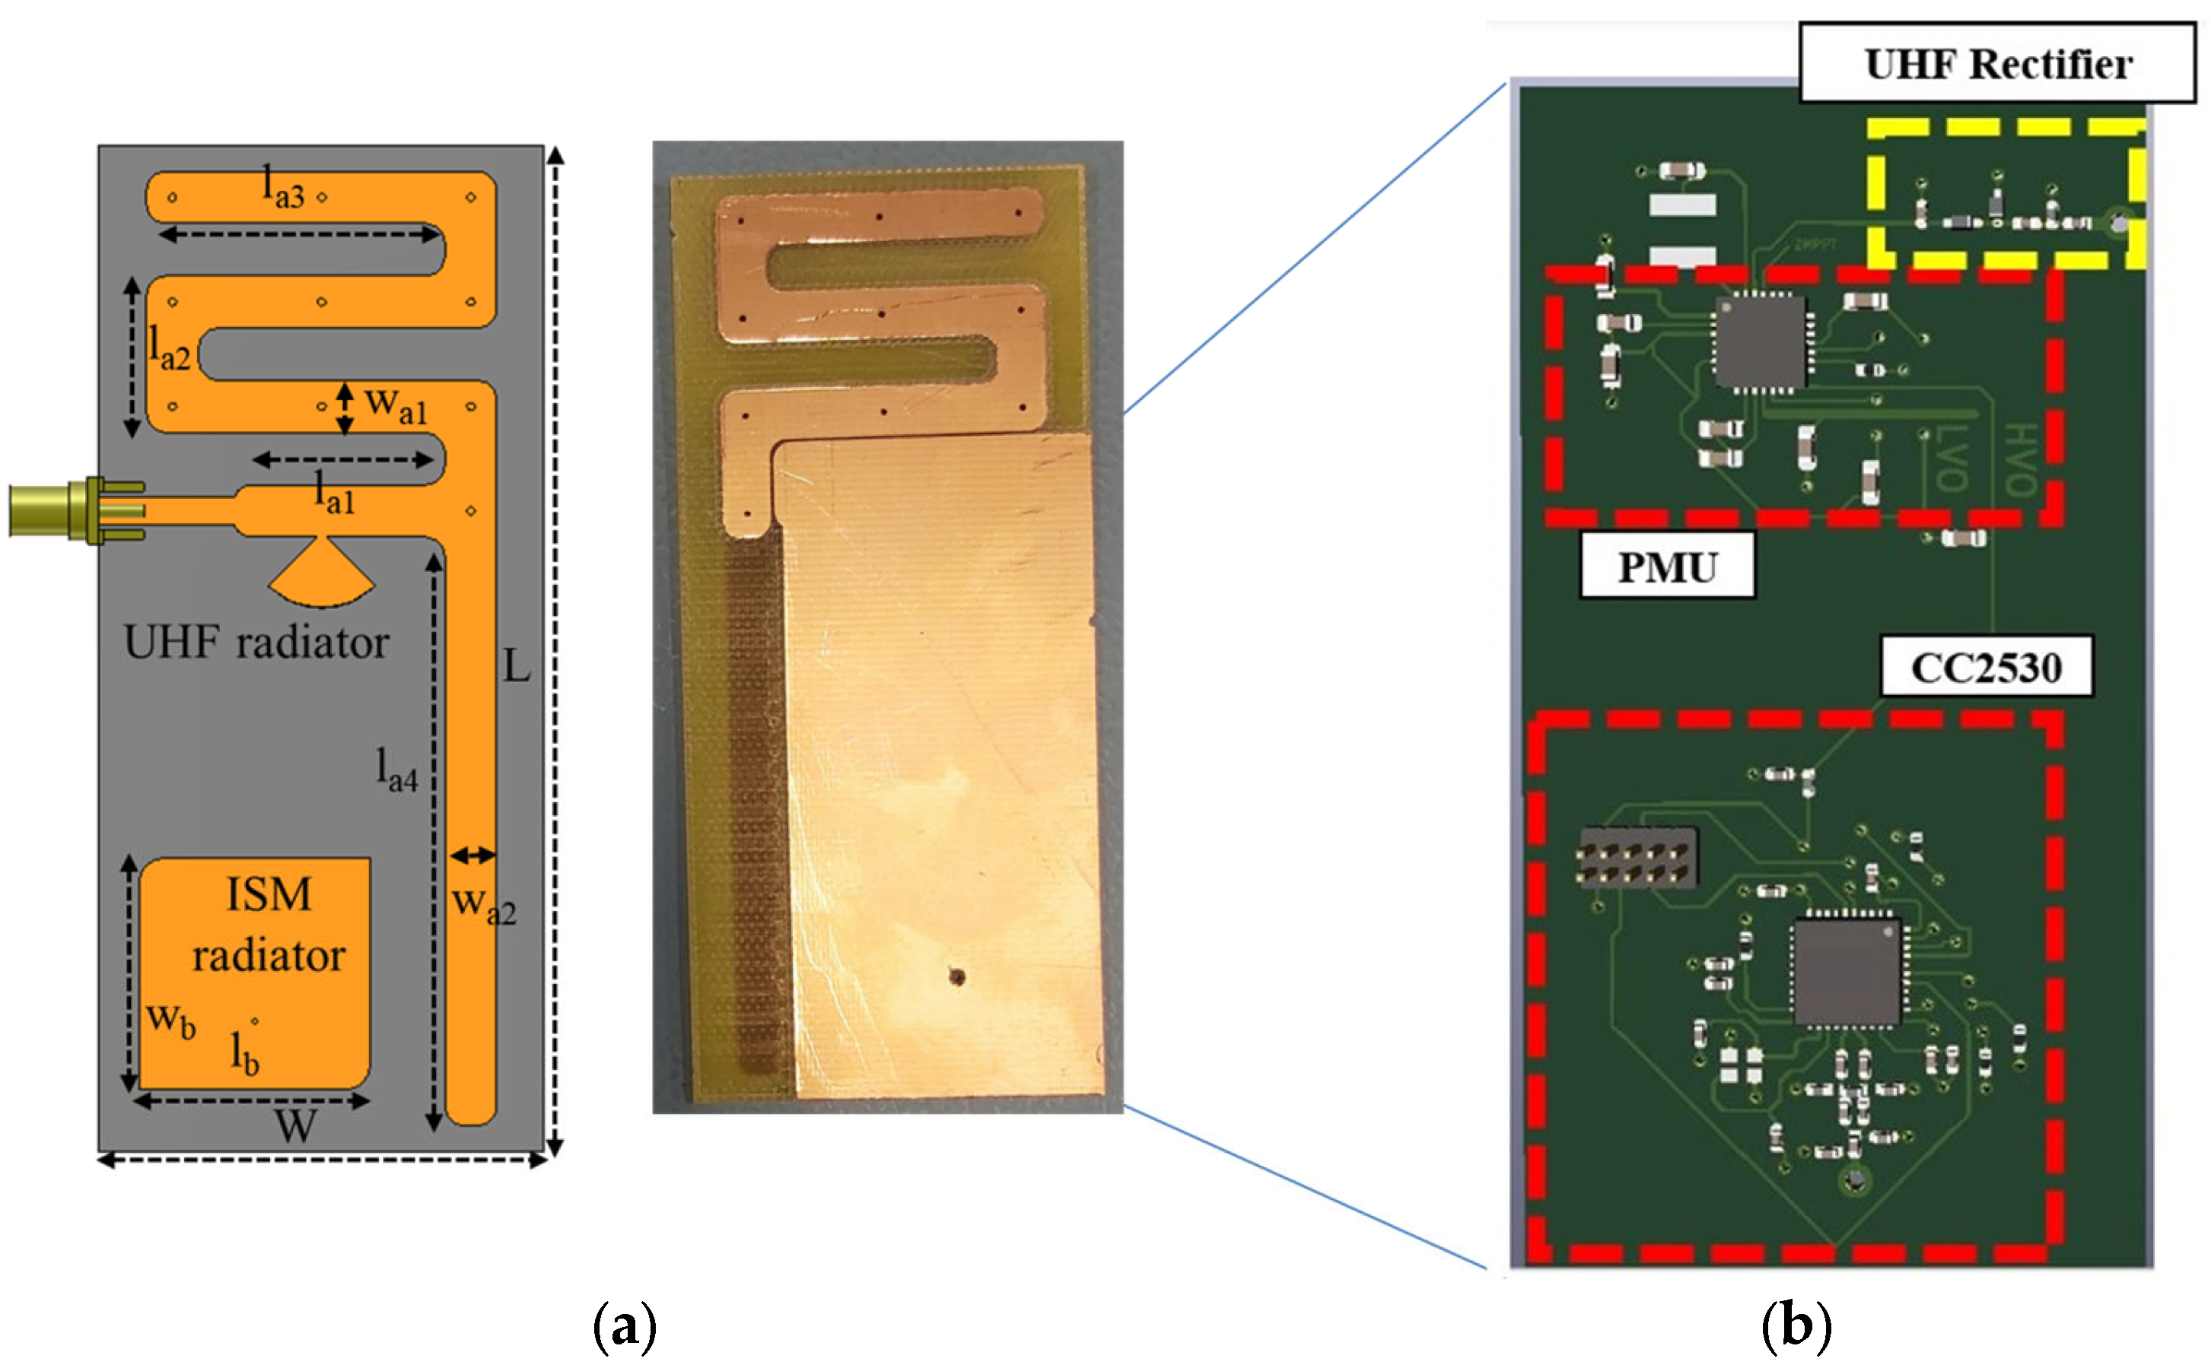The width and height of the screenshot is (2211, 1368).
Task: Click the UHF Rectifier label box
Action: point(1996,63)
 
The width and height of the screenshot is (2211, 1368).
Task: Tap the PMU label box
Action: point(1666,567)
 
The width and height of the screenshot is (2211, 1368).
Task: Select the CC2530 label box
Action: point(1986,668)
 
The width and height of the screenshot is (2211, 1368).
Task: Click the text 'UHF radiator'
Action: point(256,643)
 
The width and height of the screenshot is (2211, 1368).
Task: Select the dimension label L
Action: point(516,667)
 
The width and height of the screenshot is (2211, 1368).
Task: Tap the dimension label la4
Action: point(397,771)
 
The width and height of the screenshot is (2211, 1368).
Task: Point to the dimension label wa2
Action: point(484,905)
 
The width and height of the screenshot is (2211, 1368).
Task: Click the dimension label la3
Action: point(283,187)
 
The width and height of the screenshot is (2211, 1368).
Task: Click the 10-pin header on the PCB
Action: point(1637,858)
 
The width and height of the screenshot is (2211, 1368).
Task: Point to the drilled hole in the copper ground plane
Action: point(956,976)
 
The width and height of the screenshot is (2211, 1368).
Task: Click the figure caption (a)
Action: point(624,1326)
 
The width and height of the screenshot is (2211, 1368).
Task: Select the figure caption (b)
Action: point(1796,1326)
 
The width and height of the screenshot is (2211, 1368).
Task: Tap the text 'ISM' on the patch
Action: point(269,896)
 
